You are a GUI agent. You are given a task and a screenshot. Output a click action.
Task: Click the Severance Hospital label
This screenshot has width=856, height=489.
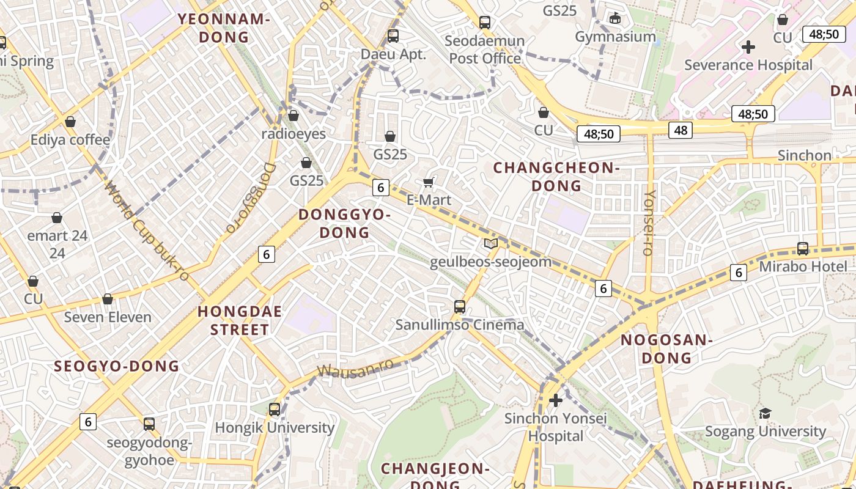click(748, 65)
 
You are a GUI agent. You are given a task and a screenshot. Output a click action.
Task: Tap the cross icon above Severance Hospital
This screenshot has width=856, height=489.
click(748, 47)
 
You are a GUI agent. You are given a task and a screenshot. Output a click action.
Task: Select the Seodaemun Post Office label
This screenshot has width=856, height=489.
click(485, 50)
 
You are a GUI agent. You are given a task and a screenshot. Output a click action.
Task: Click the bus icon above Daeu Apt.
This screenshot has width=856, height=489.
click(393, 36)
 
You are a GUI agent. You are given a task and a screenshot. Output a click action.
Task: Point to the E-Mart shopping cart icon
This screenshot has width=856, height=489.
click(429, 182)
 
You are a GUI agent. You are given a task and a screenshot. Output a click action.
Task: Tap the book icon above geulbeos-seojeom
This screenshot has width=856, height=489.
click(490, 243)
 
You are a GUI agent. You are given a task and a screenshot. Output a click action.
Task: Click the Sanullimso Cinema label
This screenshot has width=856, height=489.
click(460, 325)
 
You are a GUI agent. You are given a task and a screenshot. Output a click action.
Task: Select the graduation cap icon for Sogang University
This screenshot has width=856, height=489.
click(765, 414)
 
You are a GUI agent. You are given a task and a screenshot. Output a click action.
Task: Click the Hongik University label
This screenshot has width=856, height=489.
click(275, 427)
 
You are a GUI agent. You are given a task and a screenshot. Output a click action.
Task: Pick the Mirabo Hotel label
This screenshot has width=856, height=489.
click(803, 267)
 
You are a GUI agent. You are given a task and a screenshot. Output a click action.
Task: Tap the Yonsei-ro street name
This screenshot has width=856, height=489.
click(649, 222)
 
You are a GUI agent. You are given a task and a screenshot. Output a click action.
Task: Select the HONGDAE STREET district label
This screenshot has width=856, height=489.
click(240, 320)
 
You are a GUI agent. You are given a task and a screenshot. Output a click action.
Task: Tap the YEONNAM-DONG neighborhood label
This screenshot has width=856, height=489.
click(224, 28)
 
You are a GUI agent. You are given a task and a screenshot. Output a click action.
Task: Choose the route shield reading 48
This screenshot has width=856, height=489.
click(681, 129)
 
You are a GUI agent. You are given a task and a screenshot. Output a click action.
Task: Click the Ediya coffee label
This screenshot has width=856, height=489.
click(70, 140)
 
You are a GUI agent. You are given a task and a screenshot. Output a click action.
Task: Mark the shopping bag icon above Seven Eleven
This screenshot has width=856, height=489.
click(108, 300)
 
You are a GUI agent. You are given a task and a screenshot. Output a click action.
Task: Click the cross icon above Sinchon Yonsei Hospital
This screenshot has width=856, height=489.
click(555, 401)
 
